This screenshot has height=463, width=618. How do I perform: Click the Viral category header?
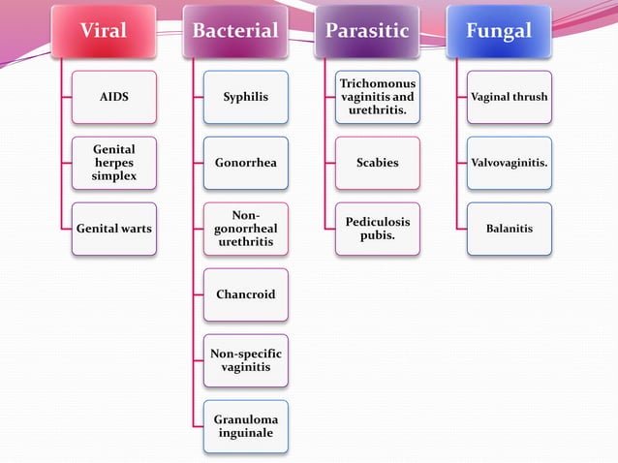104,31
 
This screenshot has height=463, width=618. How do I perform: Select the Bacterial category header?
235,31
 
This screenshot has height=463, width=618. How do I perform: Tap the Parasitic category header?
366,31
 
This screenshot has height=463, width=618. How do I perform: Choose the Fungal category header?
498,31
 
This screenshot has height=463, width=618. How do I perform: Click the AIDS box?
114,97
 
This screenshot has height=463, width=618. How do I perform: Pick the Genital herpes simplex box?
114,163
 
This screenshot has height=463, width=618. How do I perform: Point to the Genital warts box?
114,229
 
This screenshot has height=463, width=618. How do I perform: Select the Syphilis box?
245,97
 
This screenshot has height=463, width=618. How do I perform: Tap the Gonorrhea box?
245,163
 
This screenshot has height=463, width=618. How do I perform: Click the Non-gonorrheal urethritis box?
245,229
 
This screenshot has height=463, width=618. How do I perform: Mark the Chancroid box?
245,294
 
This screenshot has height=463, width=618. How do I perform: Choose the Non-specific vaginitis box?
245,360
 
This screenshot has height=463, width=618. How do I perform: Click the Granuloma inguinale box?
245,426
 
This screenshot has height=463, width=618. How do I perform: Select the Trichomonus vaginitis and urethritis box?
378,97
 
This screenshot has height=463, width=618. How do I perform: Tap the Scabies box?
378,163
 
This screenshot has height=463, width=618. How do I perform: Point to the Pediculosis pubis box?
378,229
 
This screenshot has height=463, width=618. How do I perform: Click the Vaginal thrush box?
510,97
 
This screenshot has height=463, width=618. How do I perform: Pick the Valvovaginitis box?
510,163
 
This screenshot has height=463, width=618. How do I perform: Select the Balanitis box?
510,229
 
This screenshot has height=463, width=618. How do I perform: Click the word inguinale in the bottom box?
245,433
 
